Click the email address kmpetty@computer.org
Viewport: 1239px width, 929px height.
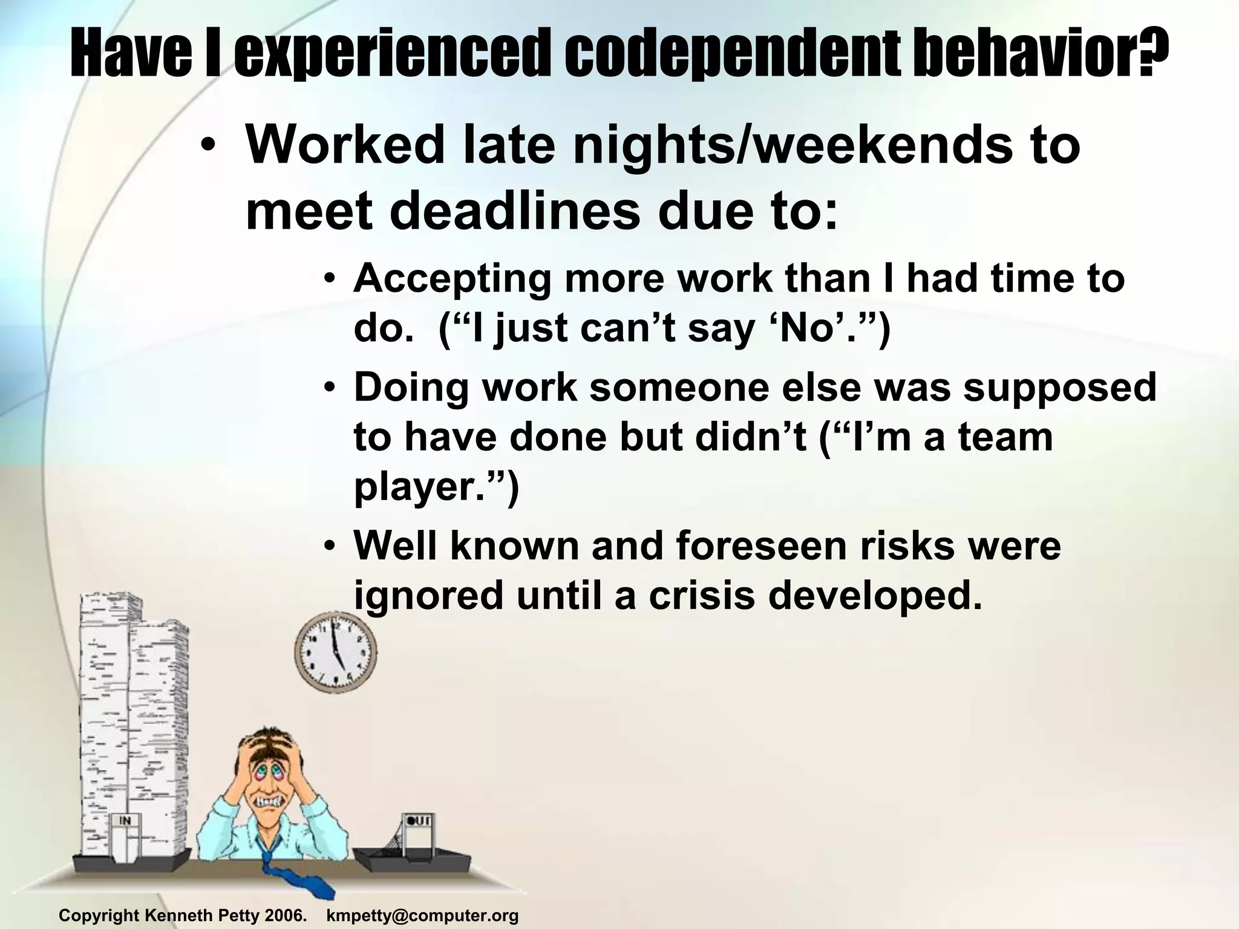tap(422, 916)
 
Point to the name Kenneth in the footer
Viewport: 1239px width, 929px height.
tap(174, 916)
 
